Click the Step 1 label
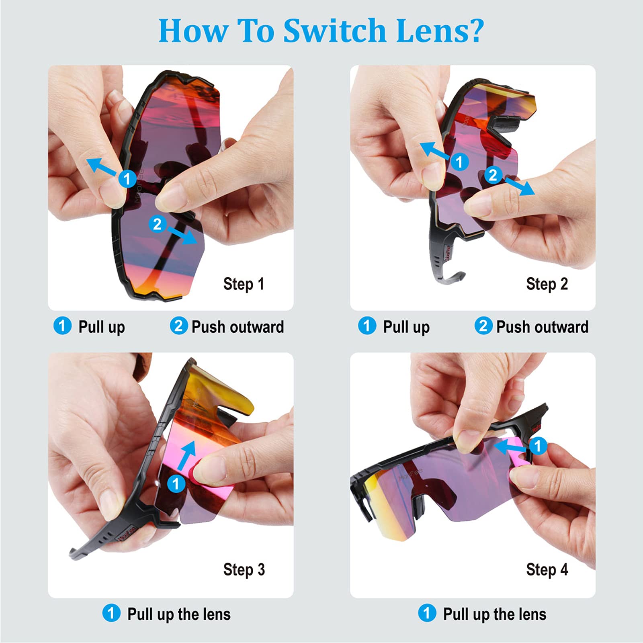point(244,284)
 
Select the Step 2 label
point(547,284)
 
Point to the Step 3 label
point(244,569)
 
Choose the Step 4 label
point(547,569)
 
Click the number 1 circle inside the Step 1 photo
point(127,178)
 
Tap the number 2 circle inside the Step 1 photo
point(157,224)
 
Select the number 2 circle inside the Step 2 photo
point(493,175)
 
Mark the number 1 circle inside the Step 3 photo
point(176,483)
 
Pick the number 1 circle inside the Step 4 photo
point(538,445)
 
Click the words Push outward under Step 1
point(238,327)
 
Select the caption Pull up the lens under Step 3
point(179,614)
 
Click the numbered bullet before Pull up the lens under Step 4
point(427,613)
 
